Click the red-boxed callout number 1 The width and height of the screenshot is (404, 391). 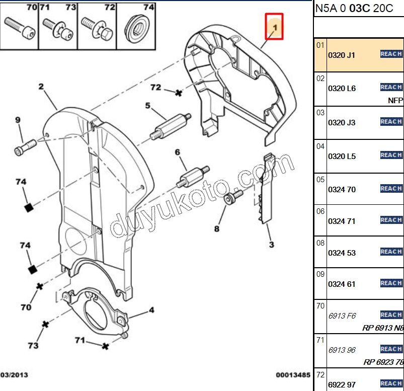tap(275, 26)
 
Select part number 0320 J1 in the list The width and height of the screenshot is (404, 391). tap(342, 55)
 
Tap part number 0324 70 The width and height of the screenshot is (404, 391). tap(342, 190)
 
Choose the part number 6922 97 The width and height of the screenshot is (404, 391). tap(342, 384)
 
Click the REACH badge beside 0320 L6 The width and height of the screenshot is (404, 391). tap(391, 88)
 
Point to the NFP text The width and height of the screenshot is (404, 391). tap(395, 100)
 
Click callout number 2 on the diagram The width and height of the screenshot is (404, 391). tap(41, 87)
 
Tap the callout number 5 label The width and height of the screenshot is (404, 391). tap(148, 106)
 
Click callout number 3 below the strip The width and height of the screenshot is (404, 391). tap(271, 245)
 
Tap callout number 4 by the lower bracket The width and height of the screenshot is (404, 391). tap(151, 310)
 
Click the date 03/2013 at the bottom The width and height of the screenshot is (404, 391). tap(15, 375)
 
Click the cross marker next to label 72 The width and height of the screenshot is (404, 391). tap(178, 93)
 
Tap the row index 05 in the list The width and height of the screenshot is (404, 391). tap(320, 179)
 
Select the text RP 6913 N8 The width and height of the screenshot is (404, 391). tap(383, 328)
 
